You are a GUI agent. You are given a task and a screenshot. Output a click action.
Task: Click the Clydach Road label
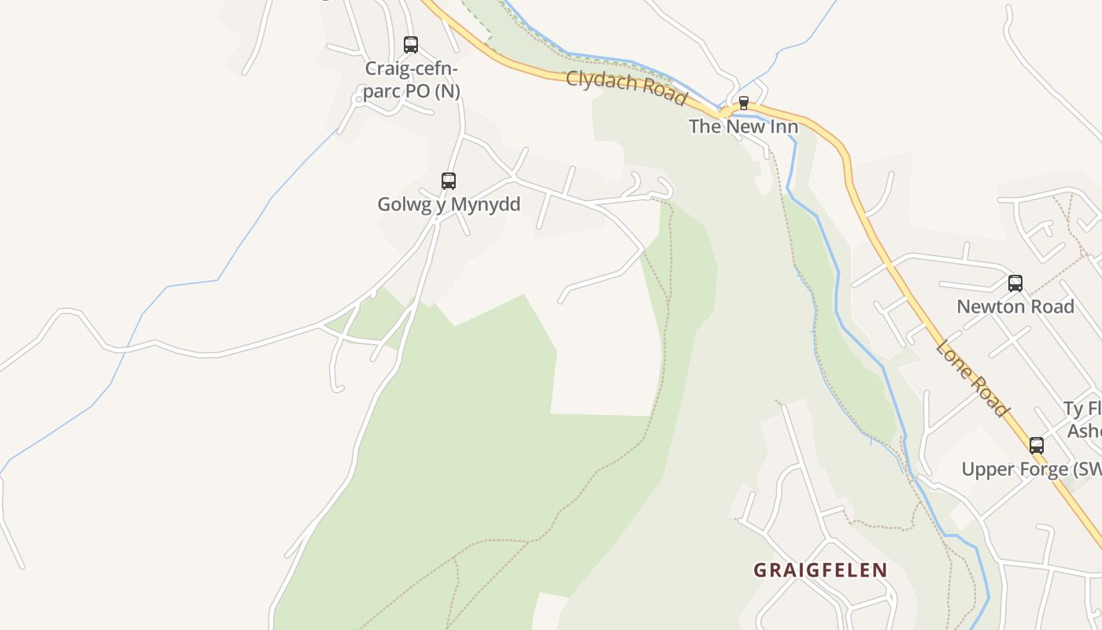626,86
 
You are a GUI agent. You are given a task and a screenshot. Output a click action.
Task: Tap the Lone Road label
972,379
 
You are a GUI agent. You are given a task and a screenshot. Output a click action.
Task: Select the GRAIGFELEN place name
820,570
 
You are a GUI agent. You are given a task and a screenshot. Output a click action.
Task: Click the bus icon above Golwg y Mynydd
449,181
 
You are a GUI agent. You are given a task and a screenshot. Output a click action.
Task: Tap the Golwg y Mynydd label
449,204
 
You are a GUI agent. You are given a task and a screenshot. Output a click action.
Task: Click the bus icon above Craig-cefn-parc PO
411,45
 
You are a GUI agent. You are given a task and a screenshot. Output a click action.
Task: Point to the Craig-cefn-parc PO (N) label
411,80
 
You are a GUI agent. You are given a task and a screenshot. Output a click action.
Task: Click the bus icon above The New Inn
743,103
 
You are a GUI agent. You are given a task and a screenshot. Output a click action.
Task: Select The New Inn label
743,126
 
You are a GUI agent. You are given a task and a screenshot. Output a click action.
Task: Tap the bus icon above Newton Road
1015,283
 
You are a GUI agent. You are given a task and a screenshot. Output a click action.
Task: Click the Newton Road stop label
1015,306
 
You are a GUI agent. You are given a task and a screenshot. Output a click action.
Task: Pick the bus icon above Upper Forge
1037,446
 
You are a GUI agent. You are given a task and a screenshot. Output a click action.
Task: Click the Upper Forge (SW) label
1031,469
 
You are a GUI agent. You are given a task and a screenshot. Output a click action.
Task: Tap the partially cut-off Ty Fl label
1082,409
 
